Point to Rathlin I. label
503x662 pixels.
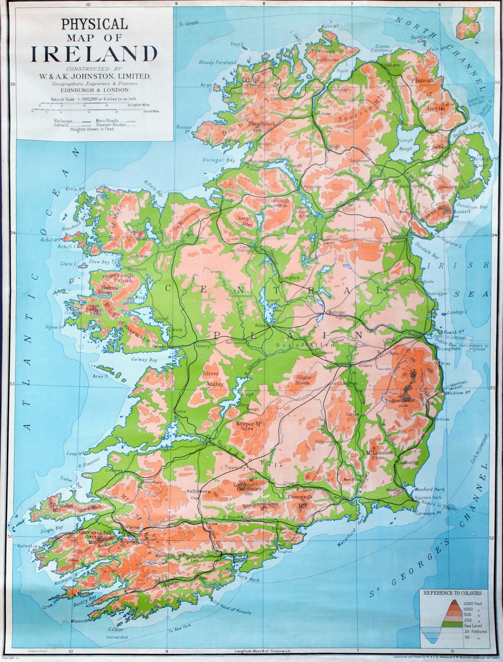(x=418, y=37)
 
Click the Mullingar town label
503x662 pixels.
(x=337, y=312)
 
